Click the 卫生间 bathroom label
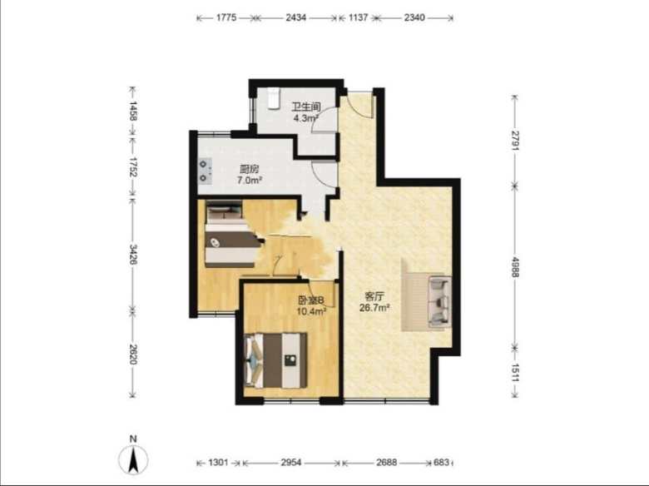click(x=306, y=107)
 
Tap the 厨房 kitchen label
click(x=249, y=169)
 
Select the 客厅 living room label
click(x=374, y=296)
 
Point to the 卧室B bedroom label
click(x=311, y=300)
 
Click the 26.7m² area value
click(x=374, y=308)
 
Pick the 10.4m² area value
click(x=312, y=311)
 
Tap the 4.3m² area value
click(x=306, y=118)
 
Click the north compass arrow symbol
click(x=133, y=459)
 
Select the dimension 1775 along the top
click(x=226, y=17)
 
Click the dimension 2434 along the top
click(x=296, y=17)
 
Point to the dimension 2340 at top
click(x=414, y=17)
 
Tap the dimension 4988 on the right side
click(x=515, y=267)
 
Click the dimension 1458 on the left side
click(x=132, y=111)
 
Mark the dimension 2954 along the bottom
click(x=291, y=463)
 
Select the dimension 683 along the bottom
click(x=441, y=463)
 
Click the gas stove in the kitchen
click(x=205, y=171)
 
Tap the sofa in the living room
click(x=438, y=301)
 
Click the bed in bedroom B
click(x=276, y=360)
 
